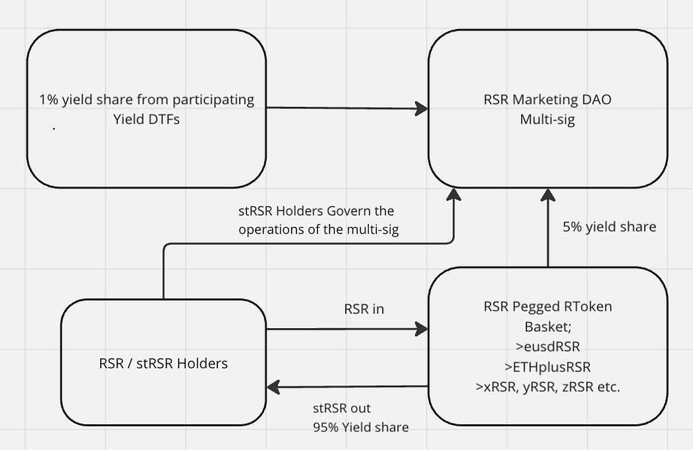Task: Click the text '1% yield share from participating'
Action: [x=147, y=100]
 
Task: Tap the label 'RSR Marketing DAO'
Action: [x=547, y=100]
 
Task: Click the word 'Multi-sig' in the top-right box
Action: [x=547, y=120]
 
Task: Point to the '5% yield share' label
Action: [x=609, y=227]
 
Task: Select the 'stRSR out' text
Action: [x=342, y=409]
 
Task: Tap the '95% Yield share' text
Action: [x=360, y=427]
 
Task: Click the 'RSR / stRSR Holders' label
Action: [x=163, y=363]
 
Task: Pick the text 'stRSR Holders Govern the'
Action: [x=312, y=211]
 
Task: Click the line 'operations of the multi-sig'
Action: [x=318, y=229]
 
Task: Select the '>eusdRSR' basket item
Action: [x=547, y=346]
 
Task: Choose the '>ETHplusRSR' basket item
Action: [x=547, y=367]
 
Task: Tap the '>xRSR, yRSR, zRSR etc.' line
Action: [x=547, y=388]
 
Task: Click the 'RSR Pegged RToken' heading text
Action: [x=547, y=307]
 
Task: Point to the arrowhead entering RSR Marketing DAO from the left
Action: [x=422, y=108]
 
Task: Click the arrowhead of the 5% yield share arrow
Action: [x=547, y=196]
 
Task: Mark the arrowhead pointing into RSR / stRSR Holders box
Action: [x=274, y=387]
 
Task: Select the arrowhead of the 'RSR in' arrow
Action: [x=422, y=330]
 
